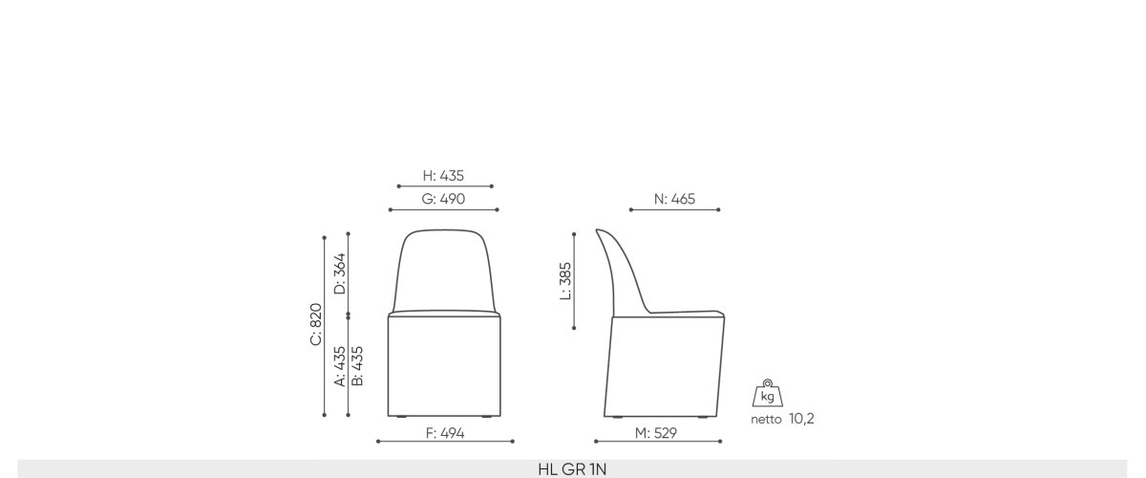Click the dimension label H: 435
tap(443, 176)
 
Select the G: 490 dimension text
tap(443, 199)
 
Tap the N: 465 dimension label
tap(674, 199)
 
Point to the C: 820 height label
tap(316, 324)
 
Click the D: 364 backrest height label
tap(340, 273)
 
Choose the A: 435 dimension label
tap(340, 366)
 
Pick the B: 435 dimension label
tap(357, 366)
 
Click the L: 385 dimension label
tap(565, 281)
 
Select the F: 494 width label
tap(445, 433)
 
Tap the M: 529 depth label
tap(656, 433)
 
